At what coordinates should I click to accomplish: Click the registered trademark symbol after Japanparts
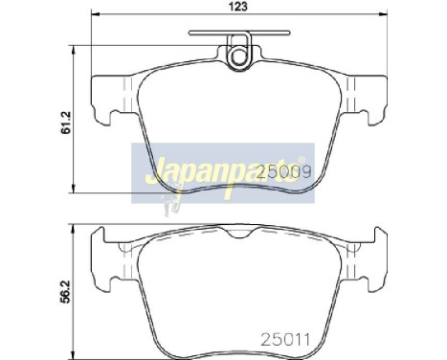pyautogui.click(x=302, y=158)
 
